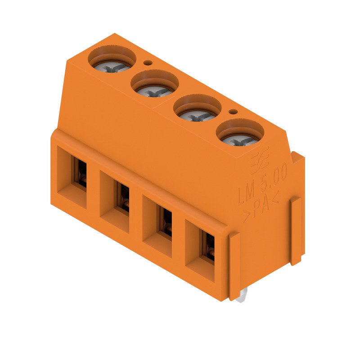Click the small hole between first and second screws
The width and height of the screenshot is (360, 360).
tap(146, 63)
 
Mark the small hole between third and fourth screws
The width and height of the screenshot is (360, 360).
tap(232, 112)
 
